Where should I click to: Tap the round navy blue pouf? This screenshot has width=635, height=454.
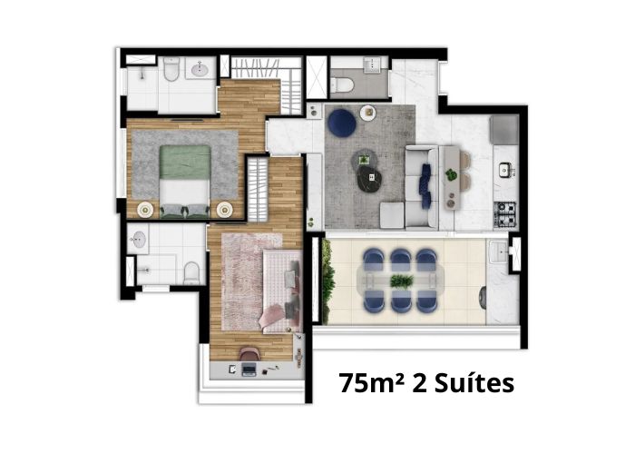click(342, 123)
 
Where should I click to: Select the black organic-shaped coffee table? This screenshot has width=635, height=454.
click(370, 178)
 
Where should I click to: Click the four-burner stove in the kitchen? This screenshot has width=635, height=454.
click(504, 214)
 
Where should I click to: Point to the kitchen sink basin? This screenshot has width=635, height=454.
click(505, 169)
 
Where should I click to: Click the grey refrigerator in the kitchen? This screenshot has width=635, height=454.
click(504, 130)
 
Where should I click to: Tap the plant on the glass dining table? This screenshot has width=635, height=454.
click(402, 281)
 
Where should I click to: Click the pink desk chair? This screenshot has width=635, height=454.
click(249, 353)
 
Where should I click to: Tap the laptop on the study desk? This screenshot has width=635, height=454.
click(249, 370)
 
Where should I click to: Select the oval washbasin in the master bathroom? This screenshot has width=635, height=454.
click(200, 69)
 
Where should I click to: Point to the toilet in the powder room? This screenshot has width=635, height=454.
click(342, 84)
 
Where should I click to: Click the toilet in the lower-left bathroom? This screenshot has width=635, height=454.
click(191, 273)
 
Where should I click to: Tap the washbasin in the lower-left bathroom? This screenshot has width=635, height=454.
click(137, 240)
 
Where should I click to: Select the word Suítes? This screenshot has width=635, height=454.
click(474, 382)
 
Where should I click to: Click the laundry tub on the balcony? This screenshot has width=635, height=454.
click(499, 252)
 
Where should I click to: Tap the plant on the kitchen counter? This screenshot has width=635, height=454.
click(451, 175)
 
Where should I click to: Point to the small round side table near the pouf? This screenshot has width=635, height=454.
click(368, 113)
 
